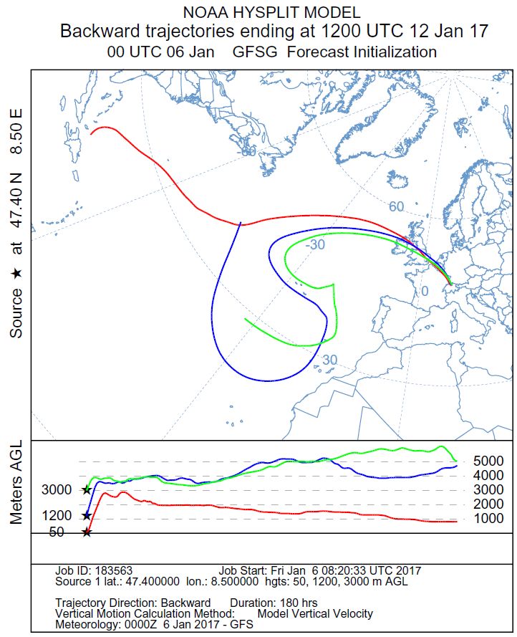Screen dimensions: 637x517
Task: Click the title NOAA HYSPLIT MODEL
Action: (x=271, y=13)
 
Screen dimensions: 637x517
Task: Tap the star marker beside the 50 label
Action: (x=87, y=532)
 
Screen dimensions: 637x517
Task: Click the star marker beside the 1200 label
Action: (x=87, y=515)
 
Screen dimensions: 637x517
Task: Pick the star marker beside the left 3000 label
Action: (x=87, y=490)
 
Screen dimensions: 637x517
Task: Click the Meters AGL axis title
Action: (x=16, y=482)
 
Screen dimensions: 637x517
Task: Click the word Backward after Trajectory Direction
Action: (x=185, y=603)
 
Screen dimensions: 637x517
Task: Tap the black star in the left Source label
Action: (x=16, y=274)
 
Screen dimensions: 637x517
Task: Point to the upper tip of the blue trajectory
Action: (x=241, y=223)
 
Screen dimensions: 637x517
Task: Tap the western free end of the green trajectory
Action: (x=245, y=319)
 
